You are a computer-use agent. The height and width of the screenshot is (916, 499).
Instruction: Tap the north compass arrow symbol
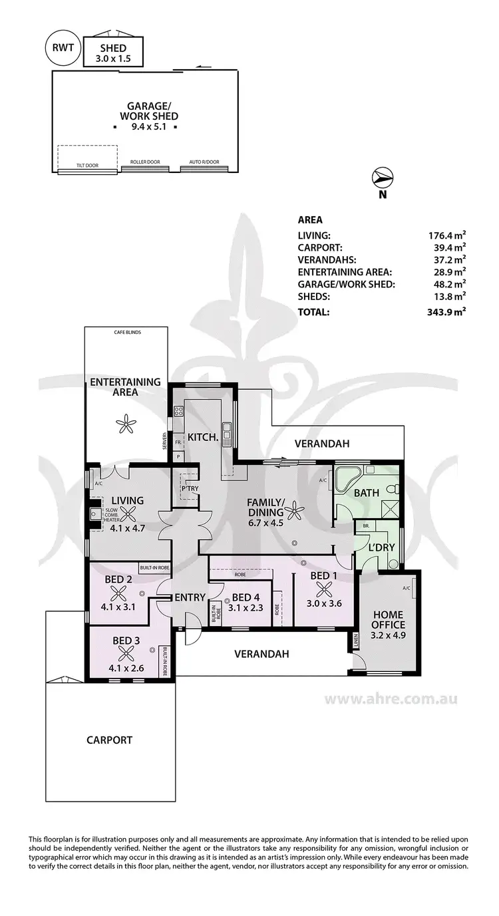pyautogui.click(x=383, y=178)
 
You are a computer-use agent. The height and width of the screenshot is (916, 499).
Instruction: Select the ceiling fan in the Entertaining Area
pyautogui.click(x=124, y=422)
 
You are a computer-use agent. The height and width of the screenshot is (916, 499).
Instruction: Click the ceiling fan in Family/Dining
pyautogui.click(x=293, y=512)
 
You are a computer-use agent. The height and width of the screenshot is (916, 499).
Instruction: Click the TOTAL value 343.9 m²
pyautogui.click(x=446, y=311)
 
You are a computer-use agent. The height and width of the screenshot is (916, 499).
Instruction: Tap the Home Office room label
pyautogui.click(x=389, y=620)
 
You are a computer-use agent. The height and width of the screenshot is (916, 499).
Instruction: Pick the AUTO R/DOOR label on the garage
pyautogui.click(x=204, y=162)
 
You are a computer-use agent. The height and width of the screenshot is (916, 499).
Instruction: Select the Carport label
pyautogui.click(x=109, y=740)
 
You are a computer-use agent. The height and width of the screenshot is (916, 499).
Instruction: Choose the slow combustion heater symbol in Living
pyautogui.click(x=94, y=514)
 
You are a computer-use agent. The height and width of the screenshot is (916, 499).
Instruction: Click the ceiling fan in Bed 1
pyautogui.click(x=325, y=588)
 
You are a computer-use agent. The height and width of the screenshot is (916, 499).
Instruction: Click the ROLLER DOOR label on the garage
pyautogui.click(x=145, y=162)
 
